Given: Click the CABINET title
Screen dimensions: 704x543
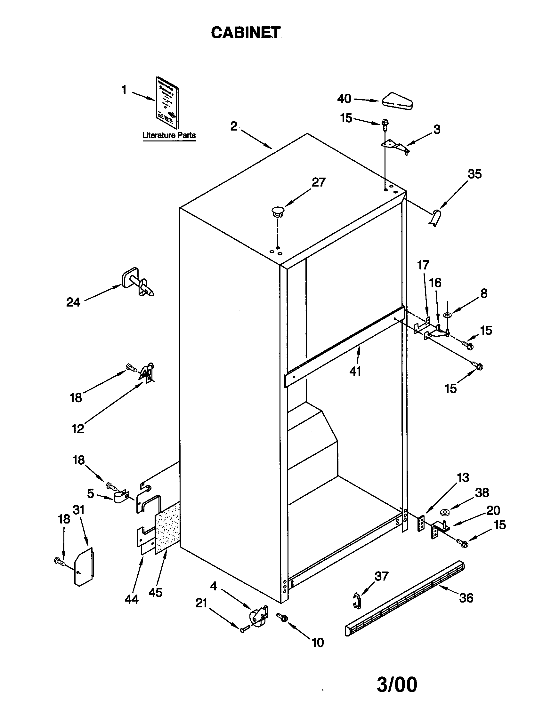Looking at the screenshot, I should [246, 33].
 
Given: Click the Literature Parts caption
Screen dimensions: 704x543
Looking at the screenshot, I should [169, 135].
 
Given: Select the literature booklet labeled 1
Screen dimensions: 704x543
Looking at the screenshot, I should [167, 103].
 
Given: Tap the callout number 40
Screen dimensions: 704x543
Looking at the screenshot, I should [344, 99].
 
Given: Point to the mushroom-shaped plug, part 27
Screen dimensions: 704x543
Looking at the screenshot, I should [277, 212].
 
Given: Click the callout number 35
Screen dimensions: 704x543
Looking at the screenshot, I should [474, 174].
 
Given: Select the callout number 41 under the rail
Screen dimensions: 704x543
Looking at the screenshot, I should [355, 371].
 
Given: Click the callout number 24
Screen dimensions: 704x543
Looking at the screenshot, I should [73, 302].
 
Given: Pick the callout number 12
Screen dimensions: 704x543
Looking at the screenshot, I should [78, 429].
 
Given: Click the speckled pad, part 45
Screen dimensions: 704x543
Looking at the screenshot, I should [167, 529].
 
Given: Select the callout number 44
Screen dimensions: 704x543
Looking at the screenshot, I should [132, 599].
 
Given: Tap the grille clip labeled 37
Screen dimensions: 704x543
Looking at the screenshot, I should [357, 601].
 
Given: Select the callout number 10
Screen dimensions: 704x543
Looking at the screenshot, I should [318, 643].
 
